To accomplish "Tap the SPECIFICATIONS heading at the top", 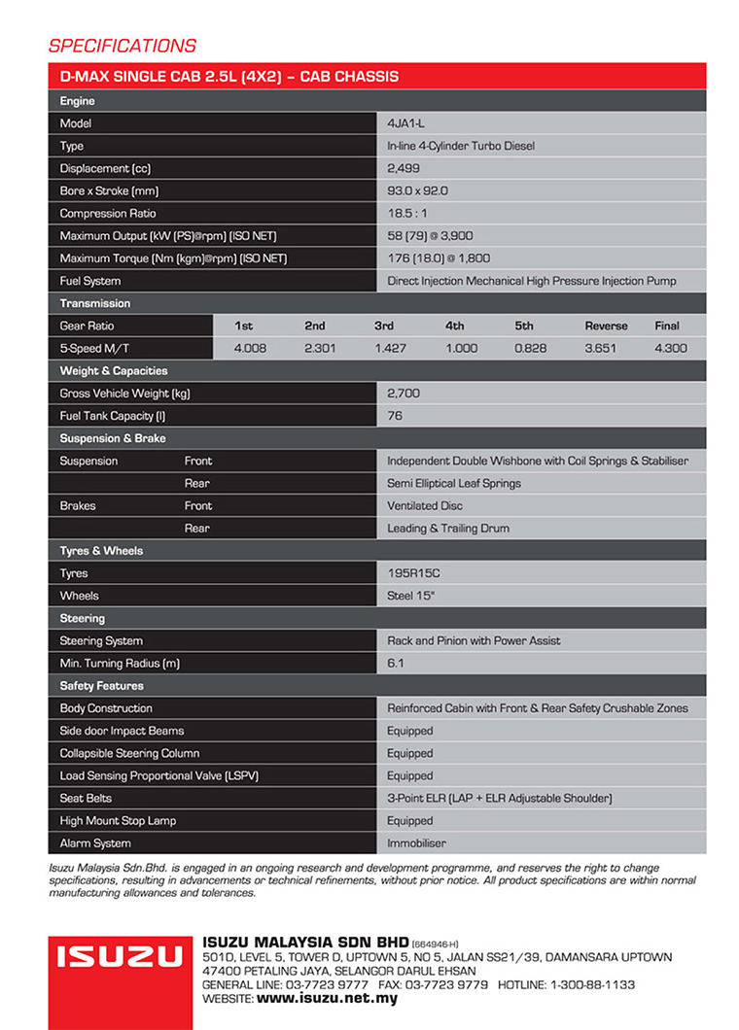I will [122, 46].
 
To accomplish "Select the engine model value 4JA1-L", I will [405, 123].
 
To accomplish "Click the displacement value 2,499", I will [404, 168].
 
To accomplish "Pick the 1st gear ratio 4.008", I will [251, 348].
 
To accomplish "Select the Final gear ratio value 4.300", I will [670, 348].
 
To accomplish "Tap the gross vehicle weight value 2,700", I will [404, 394].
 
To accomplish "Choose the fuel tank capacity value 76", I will [395, 416].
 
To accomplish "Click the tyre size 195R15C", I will [414, 573].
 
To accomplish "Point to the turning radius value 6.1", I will [395, 663].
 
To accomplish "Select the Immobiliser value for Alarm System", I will [416, 843].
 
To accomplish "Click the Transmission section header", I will [95, 303].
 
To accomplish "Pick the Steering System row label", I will [101, 640].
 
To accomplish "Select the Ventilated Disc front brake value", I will [425, 505].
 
